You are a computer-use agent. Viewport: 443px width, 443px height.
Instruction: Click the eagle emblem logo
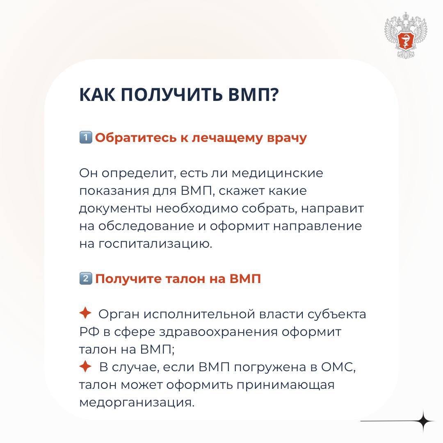(406, 35)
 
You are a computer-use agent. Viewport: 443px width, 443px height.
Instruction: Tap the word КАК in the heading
(98, 94)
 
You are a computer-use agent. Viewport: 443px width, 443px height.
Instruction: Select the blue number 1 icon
(86, 137)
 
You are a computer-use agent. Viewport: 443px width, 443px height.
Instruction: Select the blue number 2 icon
(86, 279)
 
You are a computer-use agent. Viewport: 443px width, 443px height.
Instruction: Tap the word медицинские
(277, 173)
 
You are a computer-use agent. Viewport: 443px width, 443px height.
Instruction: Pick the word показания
(114, 191)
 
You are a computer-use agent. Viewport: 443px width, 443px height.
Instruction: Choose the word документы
(116, 209)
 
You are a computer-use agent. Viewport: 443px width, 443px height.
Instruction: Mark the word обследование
(146, 226)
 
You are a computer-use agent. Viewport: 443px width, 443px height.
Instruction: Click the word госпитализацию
(155, 244)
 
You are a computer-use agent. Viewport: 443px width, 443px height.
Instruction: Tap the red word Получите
(128, 279)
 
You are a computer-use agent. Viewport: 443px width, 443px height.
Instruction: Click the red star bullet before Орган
(85, 313)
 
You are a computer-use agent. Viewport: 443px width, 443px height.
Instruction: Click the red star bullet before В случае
(85, 366)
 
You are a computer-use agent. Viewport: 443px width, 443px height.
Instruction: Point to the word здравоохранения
(218, 332)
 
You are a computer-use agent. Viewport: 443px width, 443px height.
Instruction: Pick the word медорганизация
(137, 403)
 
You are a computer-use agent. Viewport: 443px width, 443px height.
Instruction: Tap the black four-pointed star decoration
(423, 421)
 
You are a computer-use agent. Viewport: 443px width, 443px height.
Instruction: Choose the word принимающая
(285, 385)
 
